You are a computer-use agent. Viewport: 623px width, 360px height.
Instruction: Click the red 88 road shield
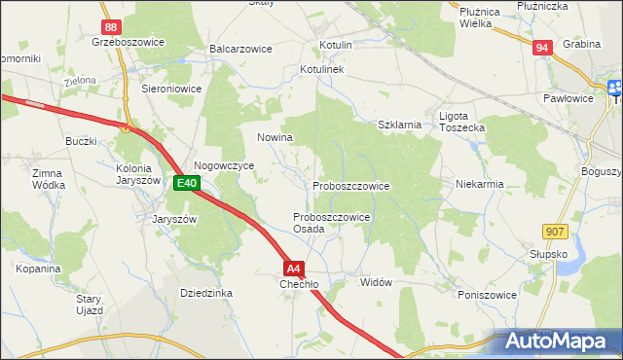pos(112,28)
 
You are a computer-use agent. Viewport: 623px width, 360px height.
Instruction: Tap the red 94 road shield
pos(542,47)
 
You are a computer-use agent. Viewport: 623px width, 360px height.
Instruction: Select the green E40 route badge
pos(187,182)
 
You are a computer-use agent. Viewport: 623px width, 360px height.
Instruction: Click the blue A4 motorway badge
pos(295,268)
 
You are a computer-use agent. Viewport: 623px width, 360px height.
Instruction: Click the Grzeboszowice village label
pos(128,43)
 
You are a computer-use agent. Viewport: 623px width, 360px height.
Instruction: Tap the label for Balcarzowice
pos(239,48)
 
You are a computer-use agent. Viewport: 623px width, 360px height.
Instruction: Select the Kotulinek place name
pos(323,70)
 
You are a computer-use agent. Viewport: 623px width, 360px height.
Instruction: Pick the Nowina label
pos(275,138)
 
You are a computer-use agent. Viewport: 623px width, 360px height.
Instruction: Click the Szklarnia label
pos(399,125)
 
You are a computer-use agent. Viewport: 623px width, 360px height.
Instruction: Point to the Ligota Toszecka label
pos(461,122)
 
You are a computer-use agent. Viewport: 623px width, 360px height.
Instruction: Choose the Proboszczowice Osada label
pos(331,223)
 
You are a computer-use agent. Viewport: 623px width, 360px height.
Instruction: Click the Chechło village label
pos(299,284)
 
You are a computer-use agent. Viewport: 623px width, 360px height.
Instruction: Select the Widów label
pos(376,282)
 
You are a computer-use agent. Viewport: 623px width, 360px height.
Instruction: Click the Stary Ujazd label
pos(90,305)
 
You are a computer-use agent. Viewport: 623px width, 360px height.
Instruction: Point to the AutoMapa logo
pos(556,342)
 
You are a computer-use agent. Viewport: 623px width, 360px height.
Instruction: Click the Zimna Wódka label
pos(48,178)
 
